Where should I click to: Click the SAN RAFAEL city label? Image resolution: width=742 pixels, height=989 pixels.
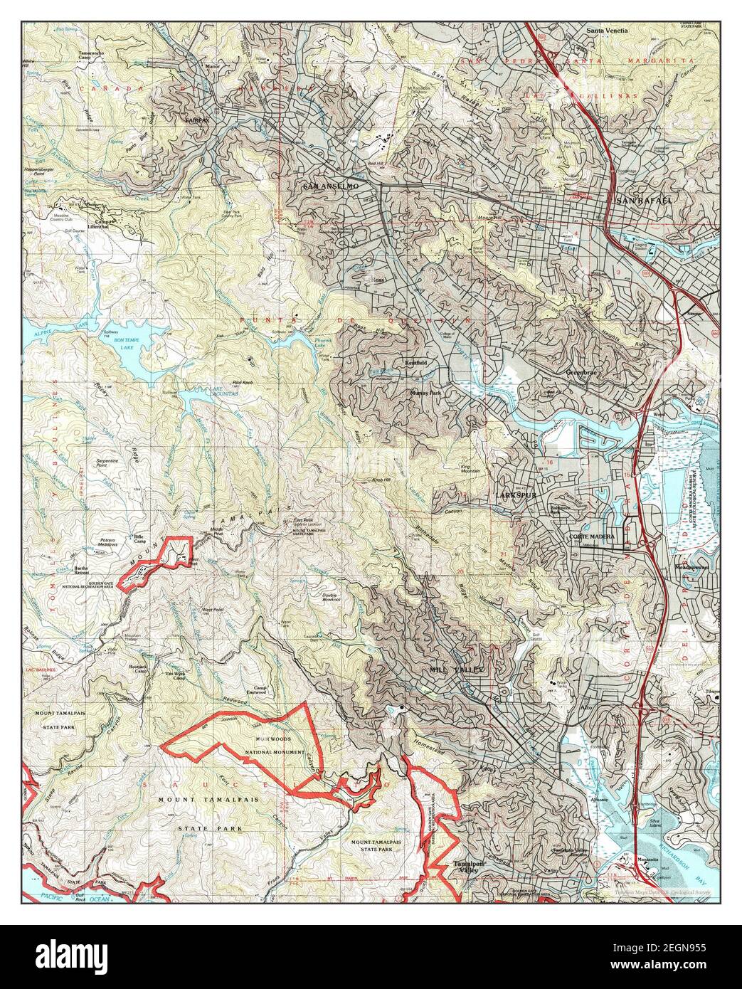645,200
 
